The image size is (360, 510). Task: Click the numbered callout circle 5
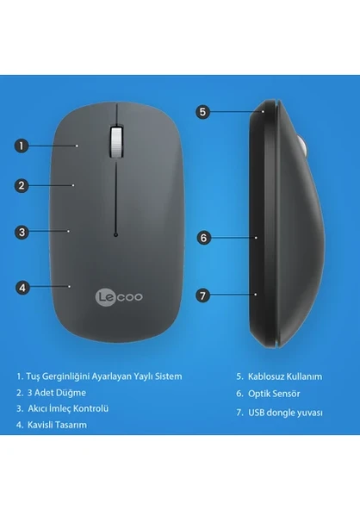[x=202, y=111]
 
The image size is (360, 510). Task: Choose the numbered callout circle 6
[x=203, y=236]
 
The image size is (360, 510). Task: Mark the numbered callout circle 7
[x=203, y=295]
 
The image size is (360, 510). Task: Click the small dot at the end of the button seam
[x=115, y=233]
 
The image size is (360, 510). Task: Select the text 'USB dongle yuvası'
[x=280, y=413]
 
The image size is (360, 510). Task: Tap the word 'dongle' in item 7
[x=283, y=413]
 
